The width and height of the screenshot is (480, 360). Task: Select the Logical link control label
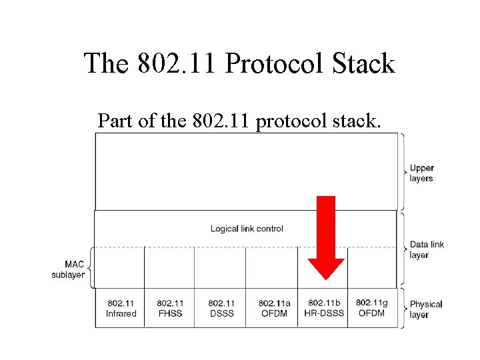coord(247,229)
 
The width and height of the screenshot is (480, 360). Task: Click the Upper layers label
coord(421,173)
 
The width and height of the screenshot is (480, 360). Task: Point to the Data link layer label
coord(426,249)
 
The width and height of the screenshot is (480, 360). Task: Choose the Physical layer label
coord(425,309)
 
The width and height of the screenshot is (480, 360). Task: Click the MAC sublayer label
coord(68,269)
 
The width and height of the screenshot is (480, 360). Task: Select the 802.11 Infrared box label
coord(121,309)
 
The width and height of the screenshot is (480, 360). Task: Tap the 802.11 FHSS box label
coord(171,309)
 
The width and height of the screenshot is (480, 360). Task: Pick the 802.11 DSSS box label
coord(221,309)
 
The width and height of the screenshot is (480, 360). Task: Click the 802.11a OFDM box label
coord(273,309)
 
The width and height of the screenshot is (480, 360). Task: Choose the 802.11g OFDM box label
coord(371,308)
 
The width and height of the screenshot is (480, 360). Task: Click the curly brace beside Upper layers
coord(403,171)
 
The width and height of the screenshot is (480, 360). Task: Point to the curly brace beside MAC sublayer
coord(90,269)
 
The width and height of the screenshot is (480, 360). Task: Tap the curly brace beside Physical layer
coord(403,307)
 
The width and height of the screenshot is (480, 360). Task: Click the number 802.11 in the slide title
coord(173,64)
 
